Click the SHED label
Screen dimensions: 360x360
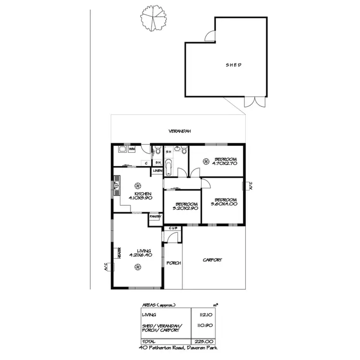(x=234, y=65)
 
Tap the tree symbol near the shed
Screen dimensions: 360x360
(x=153, y=18)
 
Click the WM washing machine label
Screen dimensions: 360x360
(x=132, y=150)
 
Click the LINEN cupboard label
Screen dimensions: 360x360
(x=157, y=171)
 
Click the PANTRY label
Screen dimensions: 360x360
(x=155, y=216)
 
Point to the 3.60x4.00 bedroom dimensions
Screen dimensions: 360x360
(x=224, y=204)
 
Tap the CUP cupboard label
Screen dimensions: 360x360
(x=173, y=228)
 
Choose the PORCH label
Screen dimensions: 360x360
(x=173, y=263)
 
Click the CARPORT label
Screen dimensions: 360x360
(x=212, y=260)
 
